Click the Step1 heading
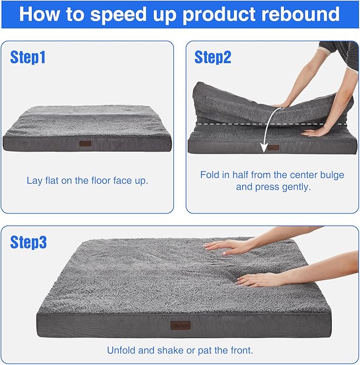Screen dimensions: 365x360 click(28, 57)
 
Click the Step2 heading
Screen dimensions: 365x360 click(213, 57)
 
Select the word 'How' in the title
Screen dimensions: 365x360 click(39, 14)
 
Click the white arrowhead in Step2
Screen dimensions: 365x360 click(264, 149)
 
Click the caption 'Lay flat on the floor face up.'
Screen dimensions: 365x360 click(87, 180)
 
